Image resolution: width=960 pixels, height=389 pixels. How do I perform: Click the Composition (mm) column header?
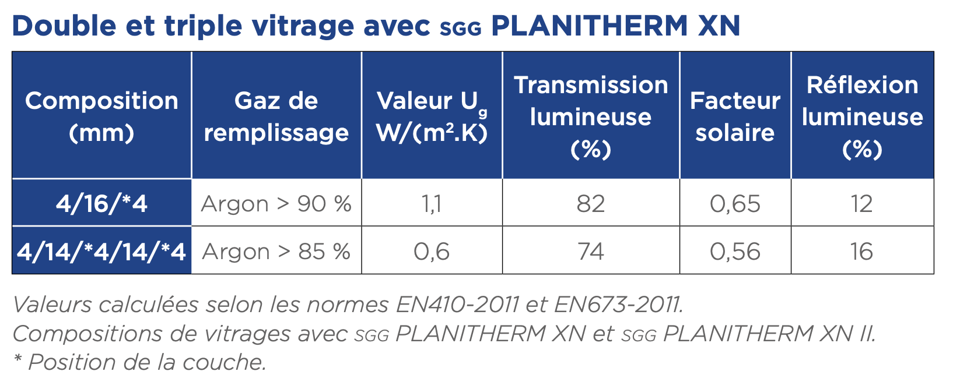[101, 116]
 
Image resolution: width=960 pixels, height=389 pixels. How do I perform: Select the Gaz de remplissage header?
[276, 116]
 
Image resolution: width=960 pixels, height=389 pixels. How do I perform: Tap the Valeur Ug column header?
[432, 116]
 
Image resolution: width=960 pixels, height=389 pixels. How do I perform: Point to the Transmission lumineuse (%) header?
[591, 116]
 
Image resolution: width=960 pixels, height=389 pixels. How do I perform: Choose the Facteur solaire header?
[735, 116]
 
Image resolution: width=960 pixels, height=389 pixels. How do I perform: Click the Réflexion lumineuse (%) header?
[862, 116]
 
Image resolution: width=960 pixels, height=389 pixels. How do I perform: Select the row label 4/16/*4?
[101, 204]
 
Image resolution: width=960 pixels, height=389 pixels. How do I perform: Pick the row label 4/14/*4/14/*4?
[101, 252]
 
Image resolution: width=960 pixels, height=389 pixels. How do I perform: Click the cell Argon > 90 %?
[276, 204]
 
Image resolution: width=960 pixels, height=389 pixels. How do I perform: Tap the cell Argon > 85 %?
[276, 252]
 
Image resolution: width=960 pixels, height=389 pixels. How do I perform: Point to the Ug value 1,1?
[432, 204]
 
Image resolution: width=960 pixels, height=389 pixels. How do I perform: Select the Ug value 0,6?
[432, 252]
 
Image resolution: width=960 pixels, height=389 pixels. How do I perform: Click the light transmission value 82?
[591, 204]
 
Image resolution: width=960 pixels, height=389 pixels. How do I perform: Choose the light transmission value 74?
[591, 252]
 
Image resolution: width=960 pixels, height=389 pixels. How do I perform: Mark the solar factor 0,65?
[735, 204]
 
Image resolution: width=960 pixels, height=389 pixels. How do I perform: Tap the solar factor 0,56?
[735, 252]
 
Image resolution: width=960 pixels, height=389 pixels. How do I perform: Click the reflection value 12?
[862, 204]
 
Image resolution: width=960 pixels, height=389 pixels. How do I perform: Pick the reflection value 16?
[862, 252]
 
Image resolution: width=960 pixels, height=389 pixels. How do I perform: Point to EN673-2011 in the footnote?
[618, 305]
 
